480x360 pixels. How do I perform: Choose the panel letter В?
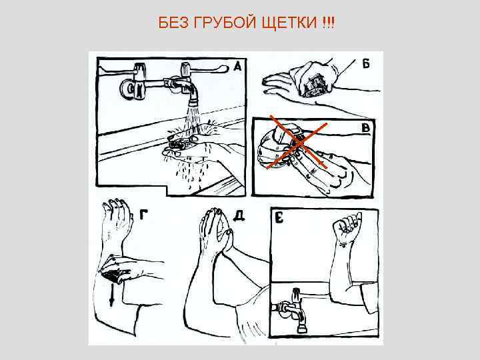point(366,127)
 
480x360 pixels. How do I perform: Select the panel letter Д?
point(238,215)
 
